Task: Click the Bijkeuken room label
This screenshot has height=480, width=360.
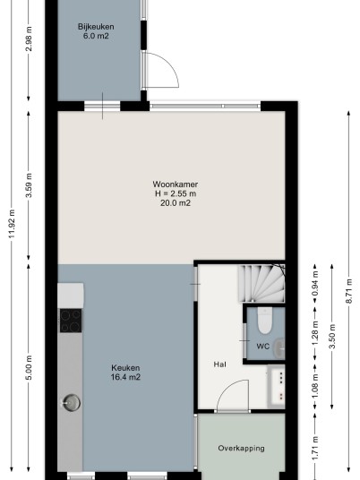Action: [x=96, y=27]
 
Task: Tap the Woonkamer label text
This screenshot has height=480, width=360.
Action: [x=176, y=184]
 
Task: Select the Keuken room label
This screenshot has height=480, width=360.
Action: [x=125, y=368]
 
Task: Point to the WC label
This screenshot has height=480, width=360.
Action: [x=263, y=347]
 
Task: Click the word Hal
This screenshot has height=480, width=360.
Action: [x=219, y=364]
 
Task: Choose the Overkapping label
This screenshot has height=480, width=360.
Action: [x=241, y=449]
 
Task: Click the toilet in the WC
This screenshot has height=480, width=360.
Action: [x=265, y=321]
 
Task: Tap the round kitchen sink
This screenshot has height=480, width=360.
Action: [x=72, y=403]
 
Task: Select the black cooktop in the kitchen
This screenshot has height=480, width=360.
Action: [x=71, y=321]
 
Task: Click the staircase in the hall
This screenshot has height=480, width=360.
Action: [x=262, y=284]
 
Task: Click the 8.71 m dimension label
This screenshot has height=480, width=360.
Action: [x=348, y=291]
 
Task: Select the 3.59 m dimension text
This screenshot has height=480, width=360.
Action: [x=29, y=185]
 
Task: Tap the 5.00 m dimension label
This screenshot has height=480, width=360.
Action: [x=29, y=368]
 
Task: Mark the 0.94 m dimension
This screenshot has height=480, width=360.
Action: [x=315, y=283]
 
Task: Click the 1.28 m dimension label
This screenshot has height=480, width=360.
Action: [x=315, y=333]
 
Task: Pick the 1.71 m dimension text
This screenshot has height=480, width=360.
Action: [x=315, y=448]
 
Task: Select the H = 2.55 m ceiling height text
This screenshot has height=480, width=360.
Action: [x=176, y=193]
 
